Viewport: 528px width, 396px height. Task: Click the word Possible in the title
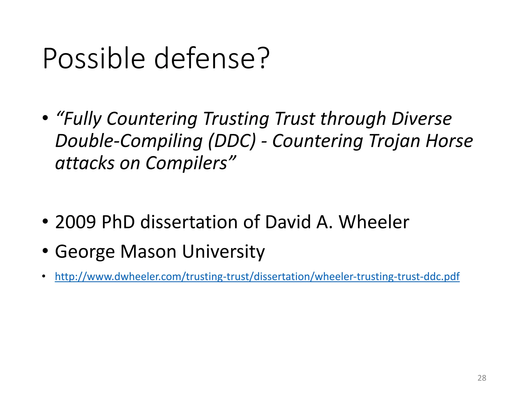click(x=94, y=59)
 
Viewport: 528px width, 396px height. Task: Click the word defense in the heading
click(x=205, y=59)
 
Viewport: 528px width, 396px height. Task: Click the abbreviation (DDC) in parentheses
click(x=232, y=141)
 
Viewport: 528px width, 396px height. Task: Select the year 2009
click(x=76, y=222)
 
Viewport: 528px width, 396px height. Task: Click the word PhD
click(x=118, y=222)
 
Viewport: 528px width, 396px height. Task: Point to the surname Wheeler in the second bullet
click(x=374, y=222)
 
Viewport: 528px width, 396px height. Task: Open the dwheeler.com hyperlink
click(x=257, y=277)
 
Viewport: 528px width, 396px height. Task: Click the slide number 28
click(x=482, y=378)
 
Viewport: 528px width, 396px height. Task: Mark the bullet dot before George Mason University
click(x=45, y=251)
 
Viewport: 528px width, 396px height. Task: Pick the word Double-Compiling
click(x=129, y=141)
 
